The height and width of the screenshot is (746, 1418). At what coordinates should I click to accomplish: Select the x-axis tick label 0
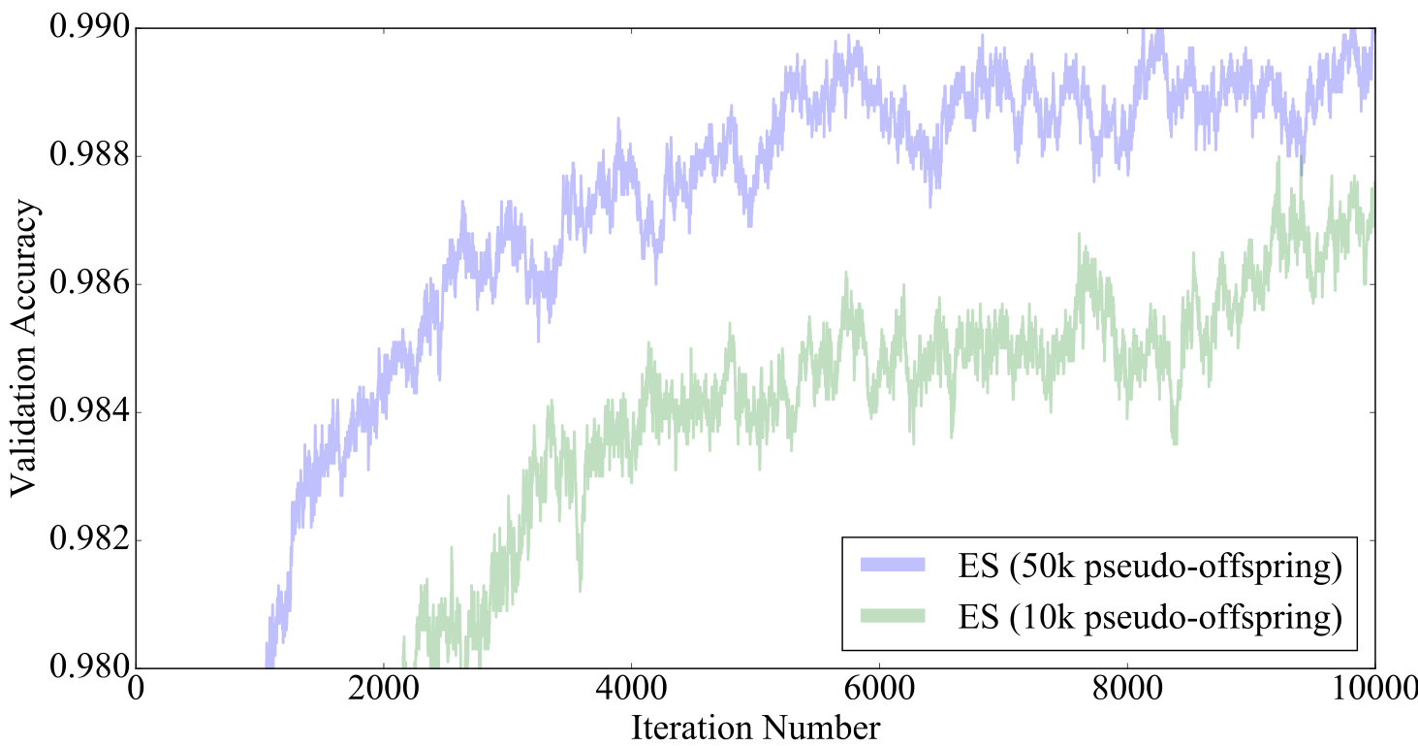[136, 691]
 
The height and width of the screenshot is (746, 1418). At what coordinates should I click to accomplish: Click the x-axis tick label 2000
[384, 691]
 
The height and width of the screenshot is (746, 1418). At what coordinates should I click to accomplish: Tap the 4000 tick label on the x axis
[631, 691]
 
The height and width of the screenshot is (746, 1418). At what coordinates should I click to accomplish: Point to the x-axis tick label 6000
[879, 691]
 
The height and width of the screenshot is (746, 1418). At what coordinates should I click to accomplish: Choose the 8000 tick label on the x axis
[1127, 691]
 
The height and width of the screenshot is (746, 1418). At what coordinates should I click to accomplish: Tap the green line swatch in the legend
[893, 616]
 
